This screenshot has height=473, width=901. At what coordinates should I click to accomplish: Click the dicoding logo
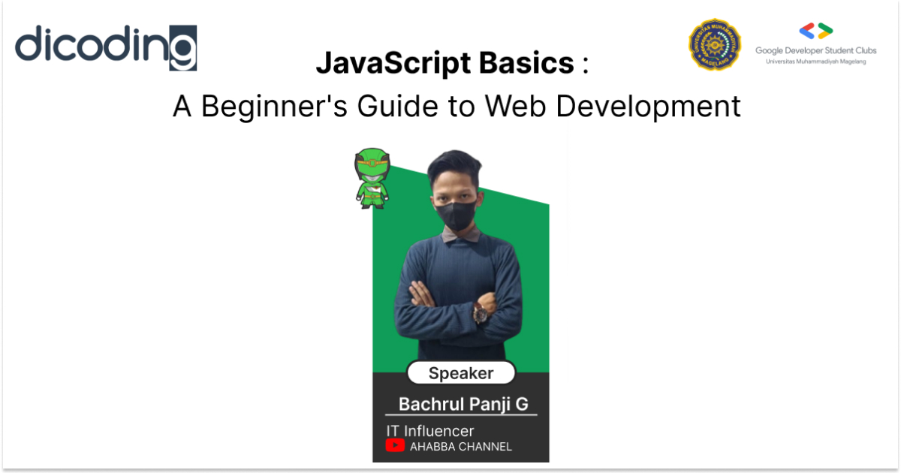pyautogui.click(x=106, y=47)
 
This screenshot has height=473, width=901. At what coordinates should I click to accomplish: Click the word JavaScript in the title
pyautogui.click(x=381, y=63)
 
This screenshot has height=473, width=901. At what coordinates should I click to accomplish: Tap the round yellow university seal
pyautogui.click(x=715, y=44)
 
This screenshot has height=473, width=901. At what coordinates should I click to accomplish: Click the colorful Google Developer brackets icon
pyautogui.click(x=815, y=32)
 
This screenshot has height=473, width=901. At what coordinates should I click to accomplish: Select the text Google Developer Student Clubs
pyautogui.click(x=815, y=51)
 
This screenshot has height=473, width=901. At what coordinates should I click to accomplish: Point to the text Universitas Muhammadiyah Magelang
pyautogui.click(x=815, y=62)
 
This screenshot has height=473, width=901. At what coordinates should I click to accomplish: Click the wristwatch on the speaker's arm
pyautogui.click(x=480, y=314)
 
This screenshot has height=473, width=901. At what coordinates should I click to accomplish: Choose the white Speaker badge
pyautogui.click(x=460, y=373)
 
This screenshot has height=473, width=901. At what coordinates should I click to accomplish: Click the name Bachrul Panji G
pyautogui.click(x=463, y=404)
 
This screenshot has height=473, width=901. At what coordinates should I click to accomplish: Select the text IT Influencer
pyautogui.click(x=430, y=431)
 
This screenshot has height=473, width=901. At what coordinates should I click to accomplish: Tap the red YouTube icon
pyautogui.click(x=395, y=446)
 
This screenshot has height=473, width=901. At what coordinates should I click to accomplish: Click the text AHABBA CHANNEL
pyautogui.click(x=460, y=447)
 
